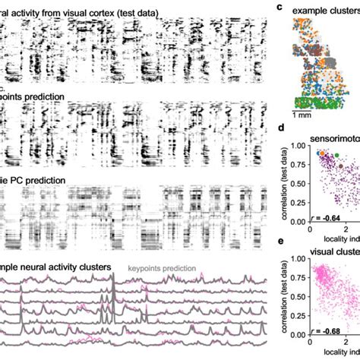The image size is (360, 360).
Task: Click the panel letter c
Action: click(x=279, y=8)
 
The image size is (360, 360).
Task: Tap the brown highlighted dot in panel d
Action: click(x=339, y=166)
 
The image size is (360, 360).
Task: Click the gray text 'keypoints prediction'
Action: click(x=162, y=267)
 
